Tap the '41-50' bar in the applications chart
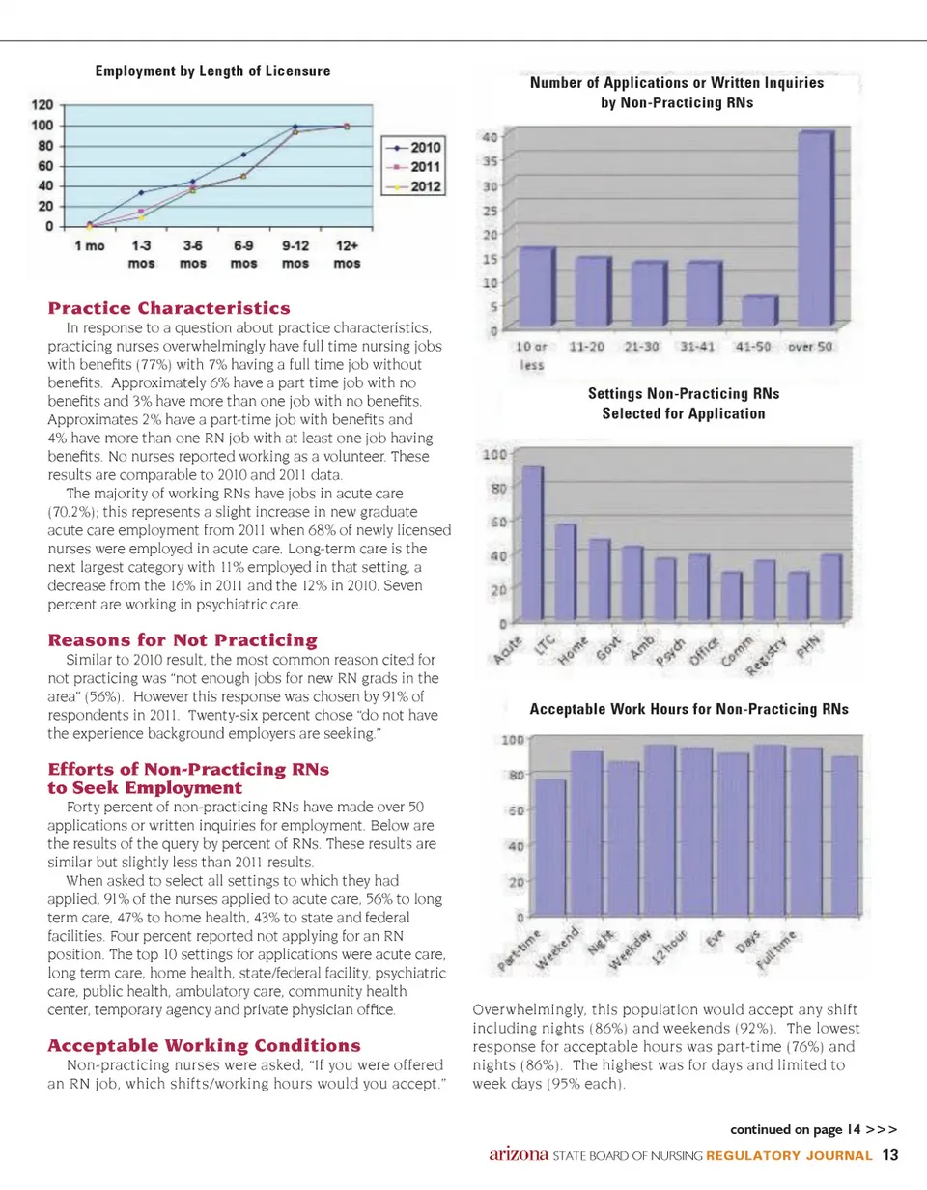point(760,310)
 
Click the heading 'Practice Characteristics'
point(169,308)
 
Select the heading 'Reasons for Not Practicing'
point(183,639)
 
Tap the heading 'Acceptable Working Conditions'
point(204,1045)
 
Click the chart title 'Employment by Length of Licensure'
point(212,71)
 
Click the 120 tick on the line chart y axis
point(42,105)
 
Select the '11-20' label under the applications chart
point(592,347)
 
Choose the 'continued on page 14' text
point(813,1128)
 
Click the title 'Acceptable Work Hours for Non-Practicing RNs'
point(688,709)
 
